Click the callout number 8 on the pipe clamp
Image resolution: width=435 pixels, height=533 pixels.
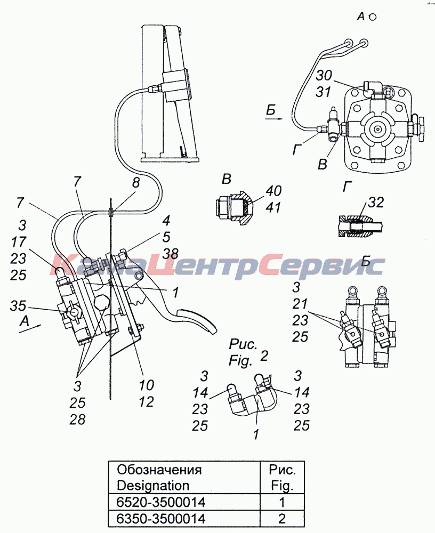pos(136,183)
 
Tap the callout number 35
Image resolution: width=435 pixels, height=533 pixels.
pos(18,305)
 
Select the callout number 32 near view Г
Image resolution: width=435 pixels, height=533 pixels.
pos(375,202)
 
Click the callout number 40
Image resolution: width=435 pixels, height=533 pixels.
pos(273,191)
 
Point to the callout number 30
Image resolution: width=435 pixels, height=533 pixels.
pos(324,75)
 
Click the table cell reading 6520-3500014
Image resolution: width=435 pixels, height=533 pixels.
pos(161,502)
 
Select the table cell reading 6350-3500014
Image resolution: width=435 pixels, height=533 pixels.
pos(161,519)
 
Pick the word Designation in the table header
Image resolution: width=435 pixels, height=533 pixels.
pos(152,486)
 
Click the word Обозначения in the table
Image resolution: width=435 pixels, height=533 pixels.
pos(159,470)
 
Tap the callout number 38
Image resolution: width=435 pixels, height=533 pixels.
pos(170,253)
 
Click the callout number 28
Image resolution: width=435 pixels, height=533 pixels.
pos(77,419)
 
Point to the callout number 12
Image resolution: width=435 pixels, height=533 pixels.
pos(146,402)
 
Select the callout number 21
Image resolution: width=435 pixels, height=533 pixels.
pos(300,304)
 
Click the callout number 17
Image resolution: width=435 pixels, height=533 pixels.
pos(18,241)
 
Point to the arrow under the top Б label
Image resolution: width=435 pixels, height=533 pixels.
pos(274,118)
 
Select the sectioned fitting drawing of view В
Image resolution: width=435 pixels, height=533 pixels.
pos(234,208)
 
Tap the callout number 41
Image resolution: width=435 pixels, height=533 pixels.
pos(273,207)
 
